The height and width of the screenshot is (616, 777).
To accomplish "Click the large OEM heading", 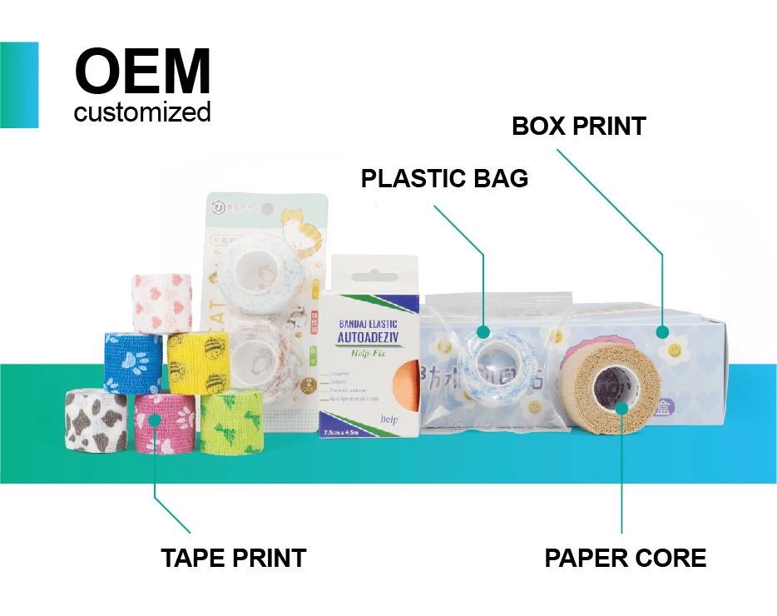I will (142, 72).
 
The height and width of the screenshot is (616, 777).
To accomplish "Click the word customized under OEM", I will (142, 112).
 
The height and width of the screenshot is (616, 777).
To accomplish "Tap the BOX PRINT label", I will (579, 127).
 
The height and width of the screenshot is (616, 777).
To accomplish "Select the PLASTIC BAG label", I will (444, 178).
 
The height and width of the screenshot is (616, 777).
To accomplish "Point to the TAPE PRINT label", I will (234, 558).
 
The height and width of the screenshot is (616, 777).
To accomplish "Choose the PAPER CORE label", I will (625, 558).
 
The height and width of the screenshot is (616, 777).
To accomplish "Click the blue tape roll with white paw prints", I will (133, 363).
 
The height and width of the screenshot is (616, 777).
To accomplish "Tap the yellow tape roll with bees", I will (198, 363).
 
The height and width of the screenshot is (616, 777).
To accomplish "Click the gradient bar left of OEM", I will (19, 85).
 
